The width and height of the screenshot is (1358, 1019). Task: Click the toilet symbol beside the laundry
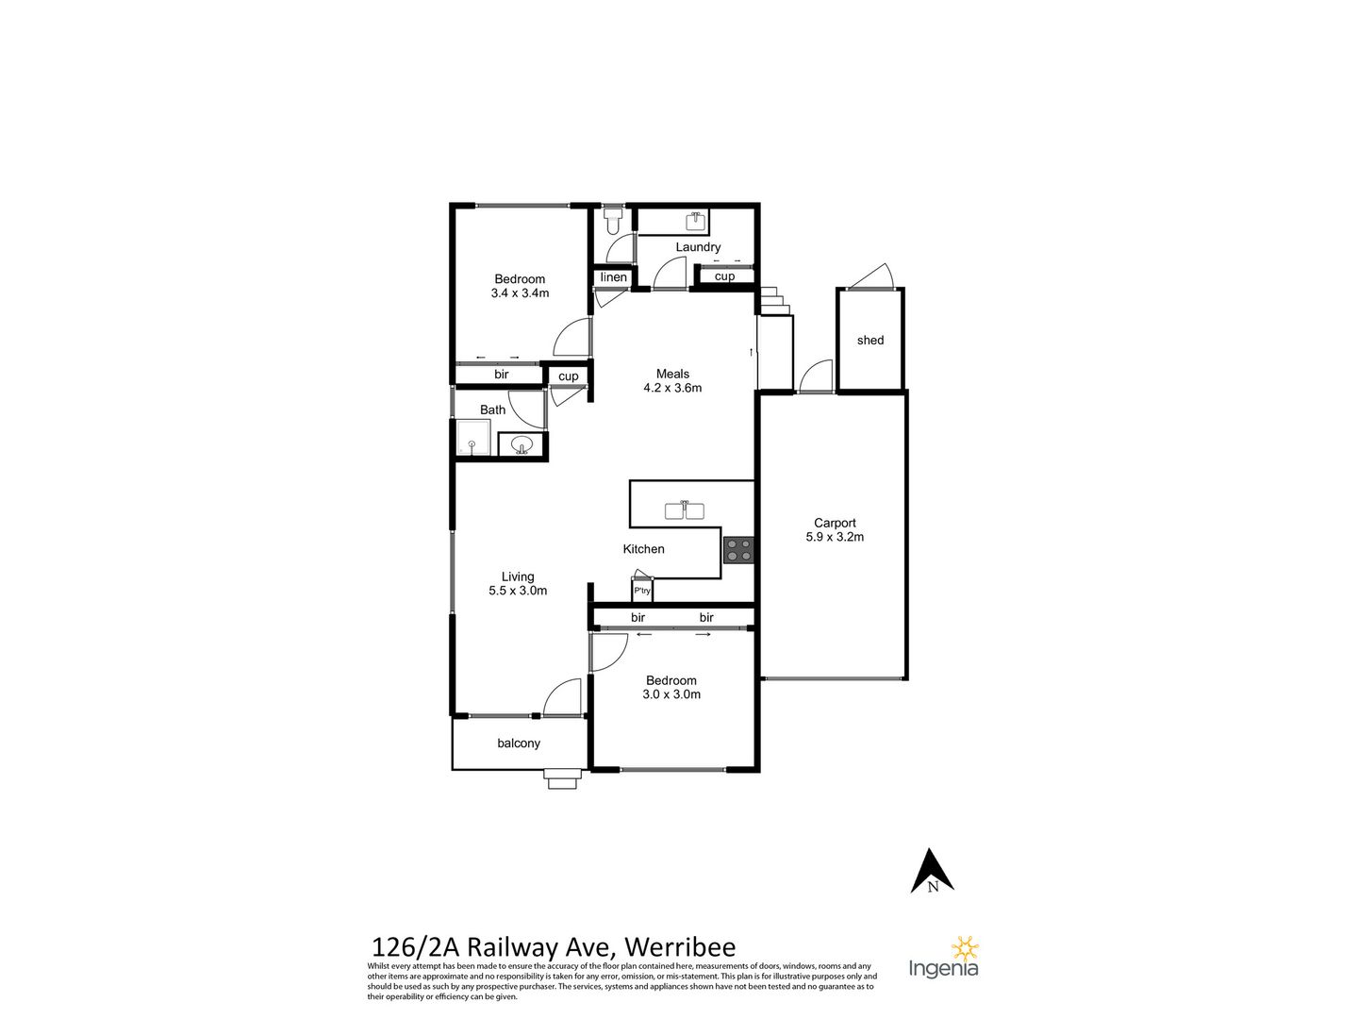coord(613,220)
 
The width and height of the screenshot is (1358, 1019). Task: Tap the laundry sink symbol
coord(697,220)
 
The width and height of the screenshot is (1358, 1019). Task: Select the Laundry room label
coord(698,247)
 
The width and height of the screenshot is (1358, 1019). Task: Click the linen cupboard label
coord(613,277)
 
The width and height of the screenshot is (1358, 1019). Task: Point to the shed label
coord(869,341)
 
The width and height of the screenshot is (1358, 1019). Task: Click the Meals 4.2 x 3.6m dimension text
coord(672,388)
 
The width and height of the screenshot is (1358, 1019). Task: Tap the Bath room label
coord(492,409)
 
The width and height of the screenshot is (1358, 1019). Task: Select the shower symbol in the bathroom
coord(473,438)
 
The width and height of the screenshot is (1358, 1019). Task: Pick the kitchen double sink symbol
coord(685,510)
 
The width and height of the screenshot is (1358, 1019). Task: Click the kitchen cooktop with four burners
coord(738,551)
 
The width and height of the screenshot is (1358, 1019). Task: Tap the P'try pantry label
coord(641,591)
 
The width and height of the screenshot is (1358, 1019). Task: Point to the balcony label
coord(519,743)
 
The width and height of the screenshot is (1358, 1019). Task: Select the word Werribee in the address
coord(681,964)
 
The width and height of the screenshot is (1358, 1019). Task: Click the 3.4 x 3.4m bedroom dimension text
coord(520,293)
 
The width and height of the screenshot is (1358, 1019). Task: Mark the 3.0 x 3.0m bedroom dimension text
coord(671,694)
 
